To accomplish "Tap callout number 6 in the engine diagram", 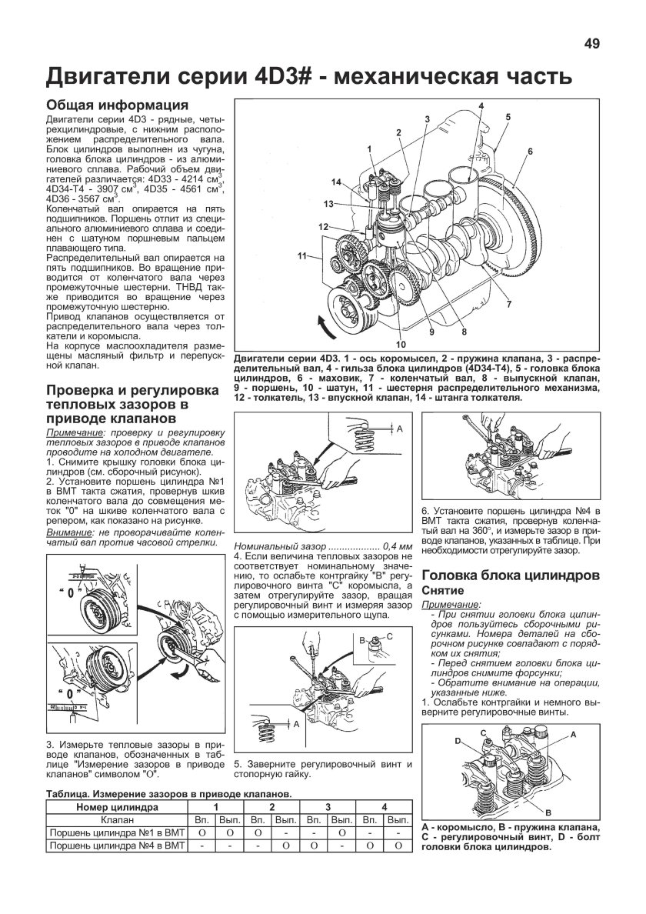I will [x=530, y=152].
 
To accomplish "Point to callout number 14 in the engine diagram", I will [x=335, y=182].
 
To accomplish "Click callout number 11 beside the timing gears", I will [x=303, y=255].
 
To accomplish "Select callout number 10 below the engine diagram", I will [x=400, y=343].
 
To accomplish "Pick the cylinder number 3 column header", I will [x=328, y=807].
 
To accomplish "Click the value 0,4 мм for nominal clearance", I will [x=389, y=545].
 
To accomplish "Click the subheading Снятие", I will [x=442, y=589].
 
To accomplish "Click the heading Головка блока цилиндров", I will [x=511, y=574].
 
